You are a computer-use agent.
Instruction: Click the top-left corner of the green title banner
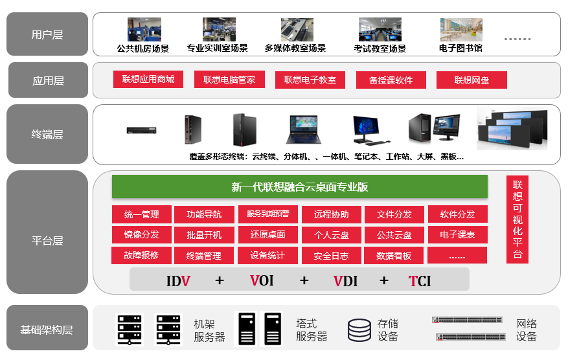[x=112, y=175]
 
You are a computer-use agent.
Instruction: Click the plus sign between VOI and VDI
[x=304, y=280]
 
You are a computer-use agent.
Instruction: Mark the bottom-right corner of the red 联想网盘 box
[x=506, y=88]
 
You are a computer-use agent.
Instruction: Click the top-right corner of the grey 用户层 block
[x=88, y=13]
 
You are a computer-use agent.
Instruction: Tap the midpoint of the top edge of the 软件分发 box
[x=458, y=206]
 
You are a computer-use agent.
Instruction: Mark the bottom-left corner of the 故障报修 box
[x=111, y=264]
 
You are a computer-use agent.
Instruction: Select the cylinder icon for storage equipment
[x=359, y=330]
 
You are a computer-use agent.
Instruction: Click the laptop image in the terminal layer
[x=304, y=129]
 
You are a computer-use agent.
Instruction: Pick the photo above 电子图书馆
[x=461, y=30]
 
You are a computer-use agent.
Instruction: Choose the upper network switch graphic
[x=467, y=320]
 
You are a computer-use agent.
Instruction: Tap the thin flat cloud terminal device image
[x=141, y=130]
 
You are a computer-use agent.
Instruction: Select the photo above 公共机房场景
[x=144, y=30]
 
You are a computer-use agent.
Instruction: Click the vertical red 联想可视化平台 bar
[x=517, y=219]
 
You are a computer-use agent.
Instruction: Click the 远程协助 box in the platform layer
[x=332, y=214]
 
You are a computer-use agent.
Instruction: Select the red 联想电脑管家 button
[x=229, y=80]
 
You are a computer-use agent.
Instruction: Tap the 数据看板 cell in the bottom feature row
[x=394, y=256]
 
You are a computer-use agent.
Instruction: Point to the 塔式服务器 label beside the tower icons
[x=312, y=330]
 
